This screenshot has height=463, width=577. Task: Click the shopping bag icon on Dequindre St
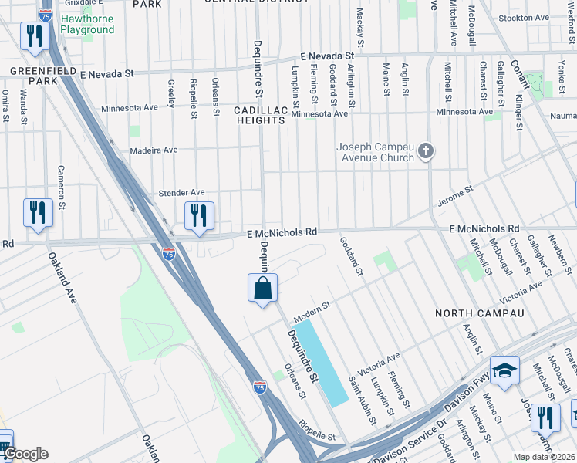[262, 289]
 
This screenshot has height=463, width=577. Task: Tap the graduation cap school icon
[504, 371]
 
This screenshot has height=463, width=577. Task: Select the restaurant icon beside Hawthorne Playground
[35, 35]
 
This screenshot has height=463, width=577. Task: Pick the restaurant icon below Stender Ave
[199, 217]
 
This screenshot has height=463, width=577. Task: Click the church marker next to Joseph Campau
[427, 153]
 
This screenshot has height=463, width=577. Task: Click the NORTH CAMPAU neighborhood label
[479, 313]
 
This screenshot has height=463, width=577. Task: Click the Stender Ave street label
[181, 192]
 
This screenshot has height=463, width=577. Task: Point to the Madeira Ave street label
[154, 150]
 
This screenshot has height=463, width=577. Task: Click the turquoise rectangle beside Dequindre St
[322, 363]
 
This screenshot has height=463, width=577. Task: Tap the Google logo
[25, 454]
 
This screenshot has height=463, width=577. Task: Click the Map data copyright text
[545, 457]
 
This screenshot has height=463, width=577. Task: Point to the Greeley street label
[171, 92]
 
